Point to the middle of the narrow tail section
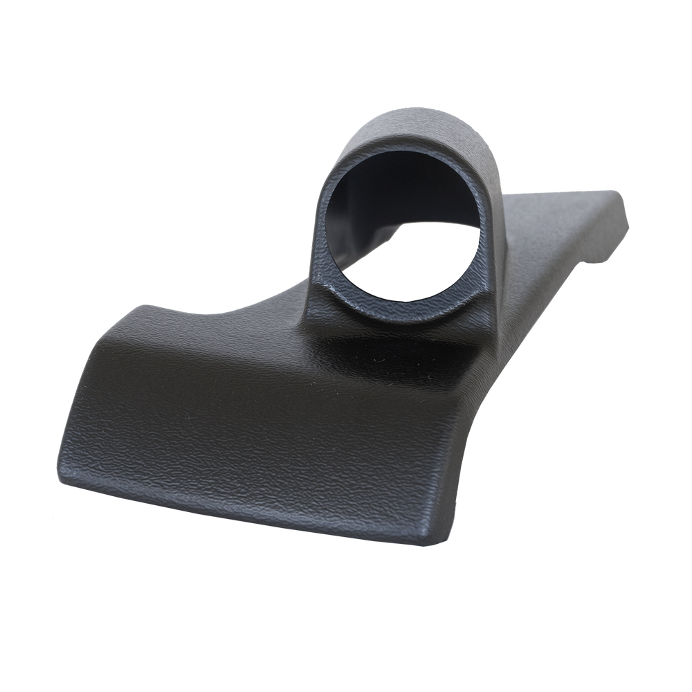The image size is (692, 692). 554,235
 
